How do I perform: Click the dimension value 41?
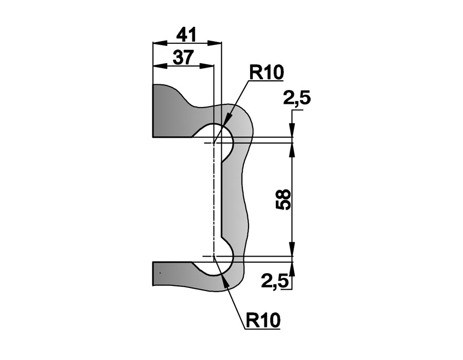pyautogui.click(x=186, y=35)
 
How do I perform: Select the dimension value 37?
pyautogui.click(x=183, y=57)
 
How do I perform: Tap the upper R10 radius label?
pyautogui.click(x=266, y=72)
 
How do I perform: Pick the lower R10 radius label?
pyautogui.click(x=263, y=320)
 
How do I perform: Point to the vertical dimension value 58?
pyautogui.click(x=283, y=200)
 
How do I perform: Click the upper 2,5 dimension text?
pyautogui.click(x=297, y=98)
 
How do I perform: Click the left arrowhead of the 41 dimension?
pyautogui.click(x=159, y=43)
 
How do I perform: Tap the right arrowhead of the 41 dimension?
pyautogui.click(x=215, y=43)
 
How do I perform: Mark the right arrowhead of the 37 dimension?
pyautogui.click(x=207, y=66)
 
